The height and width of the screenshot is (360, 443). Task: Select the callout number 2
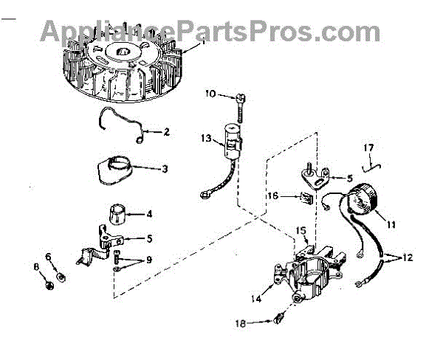pyautogui.click(x=167, y=132)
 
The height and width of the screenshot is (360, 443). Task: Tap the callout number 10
pyautogui.click(x=209, y=94)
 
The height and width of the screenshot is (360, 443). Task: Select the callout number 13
pyautogui.click(x=207, y=137)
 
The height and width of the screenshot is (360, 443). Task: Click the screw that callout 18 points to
pyautogui.click(x=277, y=319)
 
